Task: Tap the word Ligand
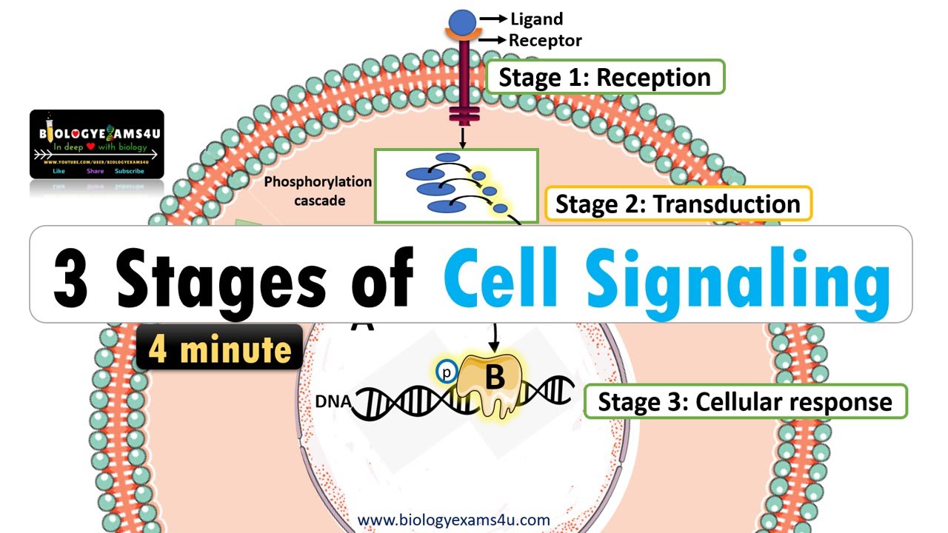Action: click(x=536, y=19)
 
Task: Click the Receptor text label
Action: click(x=544, y=41)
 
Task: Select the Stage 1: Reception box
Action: click(x=604, y=77)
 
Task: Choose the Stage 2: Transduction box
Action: click(x=678, y=204)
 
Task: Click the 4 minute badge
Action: click(x=220, y=348)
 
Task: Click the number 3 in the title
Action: click(x=71, y=275)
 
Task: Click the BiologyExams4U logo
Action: click(x=96, y=144)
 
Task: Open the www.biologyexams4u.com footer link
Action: click(x=454, y=520)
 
